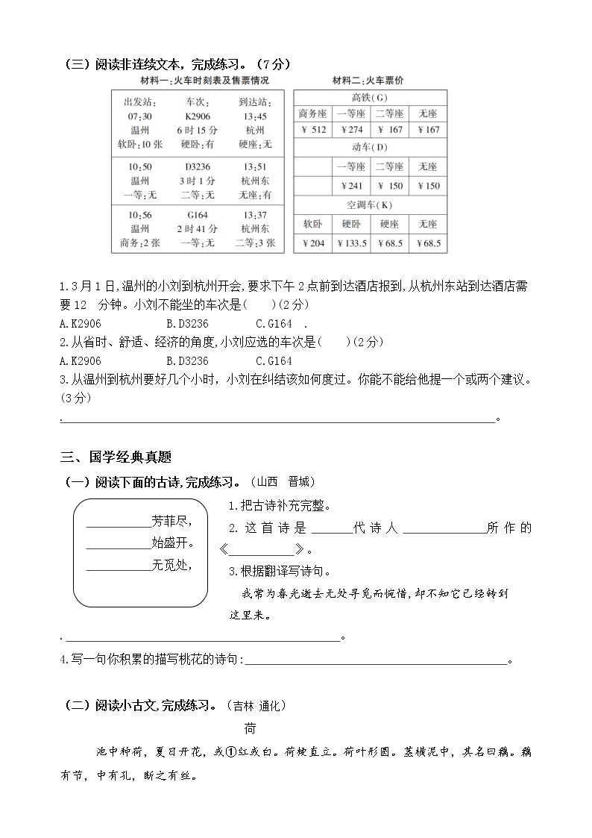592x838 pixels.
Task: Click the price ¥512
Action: (314, 130)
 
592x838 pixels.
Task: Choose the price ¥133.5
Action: (351, 243)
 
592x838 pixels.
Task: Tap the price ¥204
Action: (314, 243)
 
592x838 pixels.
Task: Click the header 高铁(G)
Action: (370, 98)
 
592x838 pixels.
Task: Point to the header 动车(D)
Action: (370, 148)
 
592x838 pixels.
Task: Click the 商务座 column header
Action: (314, 113)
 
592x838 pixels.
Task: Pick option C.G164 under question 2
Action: (274, 360)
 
